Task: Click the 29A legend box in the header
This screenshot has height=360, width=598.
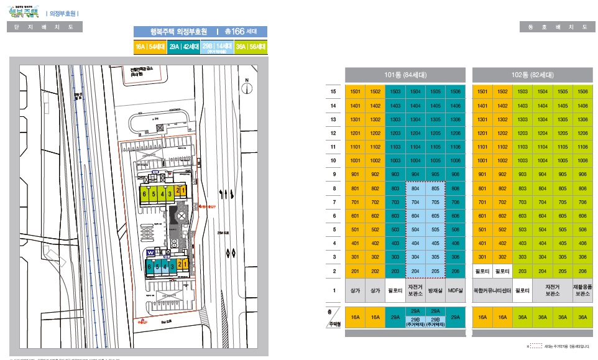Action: (x=183, y=47)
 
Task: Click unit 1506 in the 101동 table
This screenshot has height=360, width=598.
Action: (x=455, y=91)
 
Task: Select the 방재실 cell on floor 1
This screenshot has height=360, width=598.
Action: (x=435, y=290)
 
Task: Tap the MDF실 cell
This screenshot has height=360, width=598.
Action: (x=455, y=290)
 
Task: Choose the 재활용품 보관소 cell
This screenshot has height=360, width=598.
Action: (x=582, y=290)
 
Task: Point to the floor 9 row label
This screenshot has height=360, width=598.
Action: (x=333, y=174)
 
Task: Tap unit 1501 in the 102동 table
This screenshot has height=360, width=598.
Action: (x=482, y=91)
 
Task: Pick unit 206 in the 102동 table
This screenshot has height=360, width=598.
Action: (x=582, y=271)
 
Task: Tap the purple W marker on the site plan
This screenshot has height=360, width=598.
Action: (x=151, y=252)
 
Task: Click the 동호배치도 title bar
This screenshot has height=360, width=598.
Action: (x=556, y=27)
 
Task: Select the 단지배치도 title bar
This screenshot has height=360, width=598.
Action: (x=44, y=27)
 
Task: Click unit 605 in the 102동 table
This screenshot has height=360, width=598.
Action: (x=563, y=216)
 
